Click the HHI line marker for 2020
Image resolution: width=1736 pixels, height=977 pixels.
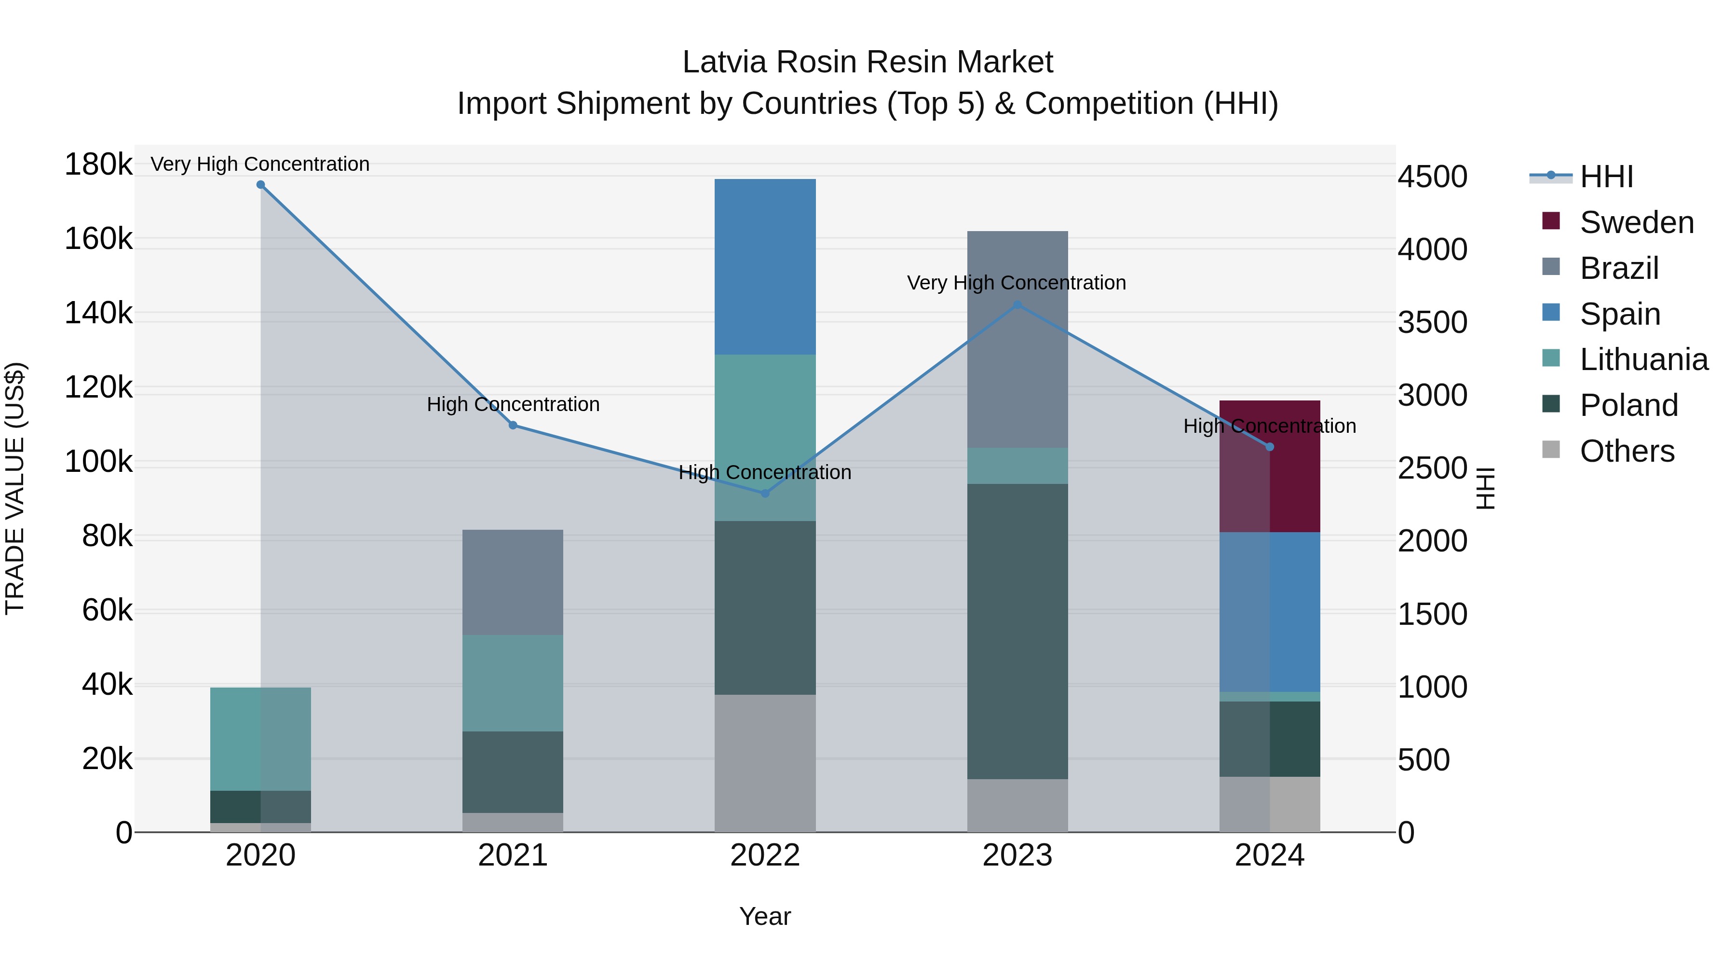pyautogui.click(x=261, y=185)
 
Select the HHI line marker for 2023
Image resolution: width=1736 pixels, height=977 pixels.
pyautogui.click(x=1017, y=305)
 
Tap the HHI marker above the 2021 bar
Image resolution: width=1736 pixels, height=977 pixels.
pyautogui.click(x=513, y=426)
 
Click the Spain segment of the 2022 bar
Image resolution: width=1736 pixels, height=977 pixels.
pyautogui.click(x=765, y=266)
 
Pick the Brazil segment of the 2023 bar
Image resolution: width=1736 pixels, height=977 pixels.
pyautogui.click(x=1017, y=339)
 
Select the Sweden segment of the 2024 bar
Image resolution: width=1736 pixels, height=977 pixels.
pyautogui.click(x=1270, y=466)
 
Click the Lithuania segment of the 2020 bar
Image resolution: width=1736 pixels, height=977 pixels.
pyautogui.click(x=261, y=739)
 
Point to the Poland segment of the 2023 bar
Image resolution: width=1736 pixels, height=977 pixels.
pyautogui.click(x=1017, y=631)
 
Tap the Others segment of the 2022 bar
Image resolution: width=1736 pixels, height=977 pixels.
pyautogui.click(x=765, y=763)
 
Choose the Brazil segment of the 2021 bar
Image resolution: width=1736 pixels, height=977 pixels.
pyautogui.click(x=513, y=582)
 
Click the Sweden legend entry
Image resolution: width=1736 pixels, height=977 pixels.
pyautogui.click(x=1636, y=222)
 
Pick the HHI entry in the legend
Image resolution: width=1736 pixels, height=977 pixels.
pyautogui.click(x=1606, y=177)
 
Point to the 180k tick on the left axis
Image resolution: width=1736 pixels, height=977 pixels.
pyautogui.click(x=98, y=165)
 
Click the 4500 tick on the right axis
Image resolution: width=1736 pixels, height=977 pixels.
pyautogui.click(x=1433, y=177)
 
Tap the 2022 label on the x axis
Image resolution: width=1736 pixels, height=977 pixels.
pyautogui.click(x=765, y=855)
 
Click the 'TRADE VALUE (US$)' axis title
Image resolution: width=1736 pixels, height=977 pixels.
pyautogui.click(x=15, y=488)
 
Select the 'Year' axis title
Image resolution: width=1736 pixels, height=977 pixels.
pyautogui.click(x=765, y=916)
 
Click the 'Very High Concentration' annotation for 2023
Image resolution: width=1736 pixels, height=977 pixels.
pyautogui.click(x=1016, y=283)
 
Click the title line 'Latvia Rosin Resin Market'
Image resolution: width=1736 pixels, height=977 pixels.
pyautogui.click(x=868, y=62)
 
